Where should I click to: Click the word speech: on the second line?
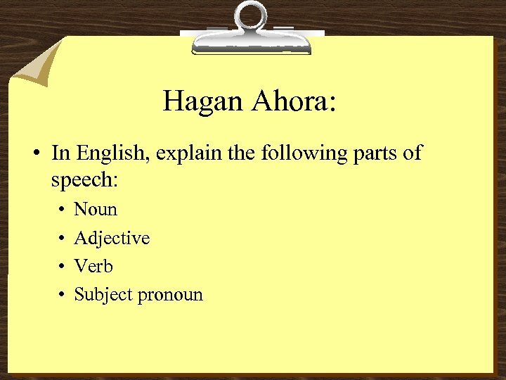(84, 180)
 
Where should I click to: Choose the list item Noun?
(96, 209)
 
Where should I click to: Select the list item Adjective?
(112, 239)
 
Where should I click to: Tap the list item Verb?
(93, 266)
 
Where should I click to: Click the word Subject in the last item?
(103, 295)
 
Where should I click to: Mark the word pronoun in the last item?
(170, 296)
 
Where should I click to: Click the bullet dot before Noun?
(61, 210)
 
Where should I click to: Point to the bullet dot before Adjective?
(61, 239)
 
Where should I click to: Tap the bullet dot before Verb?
(61, 267)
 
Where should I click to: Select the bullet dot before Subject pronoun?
(61, 295)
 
